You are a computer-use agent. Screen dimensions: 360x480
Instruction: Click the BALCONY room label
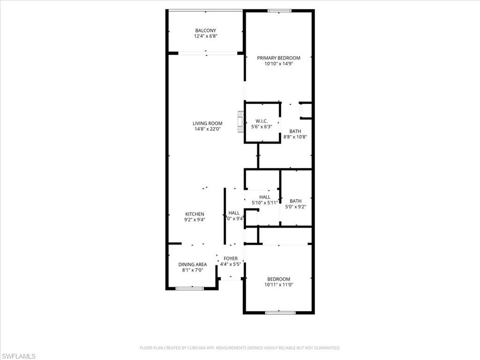206,30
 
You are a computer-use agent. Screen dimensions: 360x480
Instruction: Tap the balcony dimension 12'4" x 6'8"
206,36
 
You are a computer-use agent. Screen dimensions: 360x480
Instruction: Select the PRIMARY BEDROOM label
278,58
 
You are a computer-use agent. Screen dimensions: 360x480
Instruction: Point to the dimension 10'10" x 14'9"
278,64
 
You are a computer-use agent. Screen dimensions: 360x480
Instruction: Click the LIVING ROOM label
207,124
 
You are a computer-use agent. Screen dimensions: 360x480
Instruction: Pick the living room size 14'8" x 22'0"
207,129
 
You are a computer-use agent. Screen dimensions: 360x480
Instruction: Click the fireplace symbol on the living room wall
240,122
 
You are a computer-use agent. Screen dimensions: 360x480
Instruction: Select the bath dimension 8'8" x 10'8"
295,137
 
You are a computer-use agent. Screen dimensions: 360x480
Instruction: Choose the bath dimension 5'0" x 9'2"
295,207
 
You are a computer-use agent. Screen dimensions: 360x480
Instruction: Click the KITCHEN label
195,214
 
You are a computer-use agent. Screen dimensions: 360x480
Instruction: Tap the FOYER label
231,259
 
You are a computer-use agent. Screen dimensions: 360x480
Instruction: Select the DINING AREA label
192,264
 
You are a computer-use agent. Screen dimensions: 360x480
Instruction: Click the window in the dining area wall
190,288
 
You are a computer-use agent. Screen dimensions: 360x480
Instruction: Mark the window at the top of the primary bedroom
279,10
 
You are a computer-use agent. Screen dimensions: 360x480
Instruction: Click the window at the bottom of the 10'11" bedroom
280,312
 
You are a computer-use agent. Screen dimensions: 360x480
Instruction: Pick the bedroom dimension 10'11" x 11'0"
278,285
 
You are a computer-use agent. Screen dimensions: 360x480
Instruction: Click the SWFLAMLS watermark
18,356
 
